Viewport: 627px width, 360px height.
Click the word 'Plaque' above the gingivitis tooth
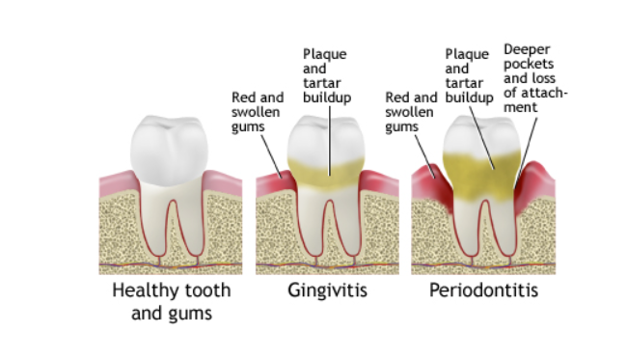(324, 54)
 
